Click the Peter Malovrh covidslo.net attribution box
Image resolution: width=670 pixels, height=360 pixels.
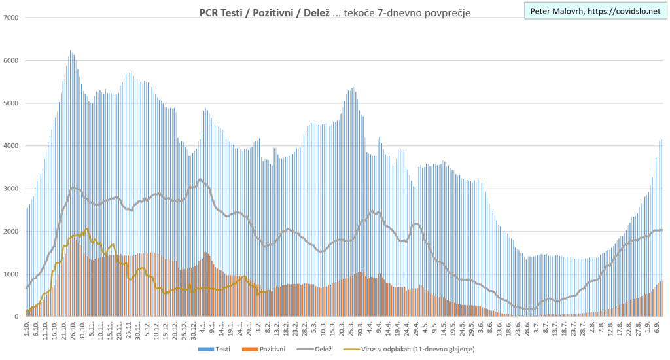595,12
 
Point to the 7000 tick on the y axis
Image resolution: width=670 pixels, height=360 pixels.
11,18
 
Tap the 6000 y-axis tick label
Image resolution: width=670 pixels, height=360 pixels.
11,60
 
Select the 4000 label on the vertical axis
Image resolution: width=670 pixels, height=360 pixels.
11,146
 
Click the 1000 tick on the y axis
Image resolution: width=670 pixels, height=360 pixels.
11,274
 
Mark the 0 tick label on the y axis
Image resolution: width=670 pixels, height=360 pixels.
16,317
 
